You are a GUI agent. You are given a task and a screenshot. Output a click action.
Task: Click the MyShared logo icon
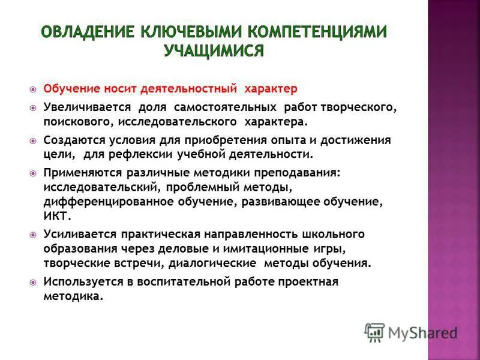(x=374, y=332)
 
